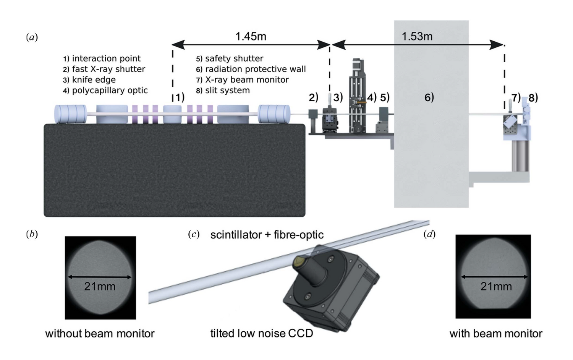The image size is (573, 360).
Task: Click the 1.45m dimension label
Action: (251, 37)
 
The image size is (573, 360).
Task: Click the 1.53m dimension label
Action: (417, 37)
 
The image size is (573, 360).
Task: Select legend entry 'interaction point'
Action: (106, 58)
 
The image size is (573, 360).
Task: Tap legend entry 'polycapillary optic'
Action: (110, 91)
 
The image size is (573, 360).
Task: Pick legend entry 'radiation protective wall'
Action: (255, 69)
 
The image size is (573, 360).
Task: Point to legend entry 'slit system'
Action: (227, 91)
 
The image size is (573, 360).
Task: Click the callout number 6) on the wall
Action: (429, 97)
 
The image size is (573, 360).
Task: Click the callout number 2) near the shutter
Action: (313, 97)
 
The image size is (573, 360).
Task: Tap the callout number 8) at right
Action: (533, 98)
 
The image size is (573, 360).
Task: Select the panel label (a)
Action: (32, 37)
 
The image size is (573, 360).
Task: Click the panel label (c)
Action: (194, 234)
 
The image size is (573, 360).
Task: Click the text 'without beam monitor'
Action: (100, 334)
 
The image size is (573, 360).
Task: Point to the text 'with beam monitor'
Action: (495, 334)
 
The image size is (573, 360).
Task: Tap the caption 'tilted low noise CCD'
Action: (262, 333)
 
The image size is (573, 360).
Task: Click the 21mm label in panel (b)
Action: (100, 286)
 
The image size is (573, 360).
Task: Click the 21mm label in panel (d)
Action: (495, 286)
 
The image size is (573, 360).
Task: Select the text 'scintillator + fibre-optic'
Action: (267, 235)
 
